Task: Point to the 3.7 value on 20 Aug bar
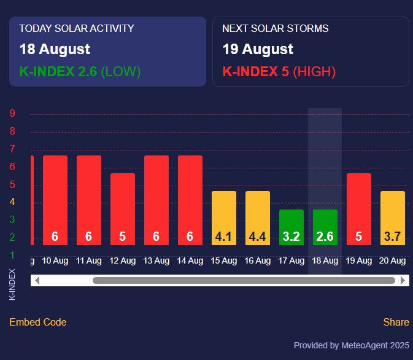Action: [393, 237]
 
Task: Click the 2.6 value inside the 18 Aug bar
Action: [325, 237]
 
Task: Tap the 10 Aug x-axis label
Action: [55, 260]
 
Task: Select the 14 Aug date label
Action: [190, 260]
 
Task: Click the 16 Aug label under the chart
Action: [258, 260]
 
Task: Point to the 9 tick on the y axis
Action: [12, 114]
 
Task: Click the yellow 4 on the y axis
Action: [12, 202]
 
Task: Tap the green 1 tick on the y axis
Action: [12, 255]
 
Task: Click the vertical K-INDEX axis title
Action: [13, 284]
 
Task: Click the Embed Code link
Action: [38, 322]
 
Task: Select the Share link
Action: [396, 322]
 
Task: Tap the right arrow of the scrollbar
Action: [403, 280]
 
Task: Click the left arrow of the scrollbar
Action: [37, 280]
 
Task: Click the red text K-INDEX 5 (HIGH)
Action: [279, 72]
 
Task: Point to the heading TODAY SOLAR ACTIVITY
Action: [77, 28]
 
